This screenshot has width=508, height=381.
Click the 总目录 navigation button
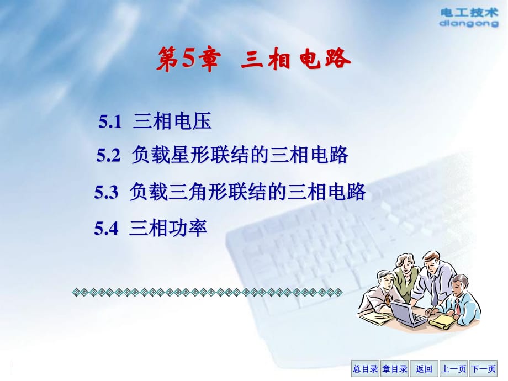[366, 369]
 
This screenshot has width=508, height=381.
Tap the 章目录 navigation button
[395, 369]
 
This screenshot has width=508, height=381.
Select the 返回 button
[424, 369]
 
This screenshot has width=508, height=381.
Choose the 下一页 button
[483, 369]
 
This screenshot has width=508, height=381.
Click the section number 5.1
[110, 122]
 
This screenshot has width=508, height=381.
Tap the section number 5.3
[106, 192]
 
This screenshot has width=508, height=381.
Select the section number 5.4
[106, 228]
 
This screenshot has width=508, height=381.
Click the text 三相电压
[172, 121]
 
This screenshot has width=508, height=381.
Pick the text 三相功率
[168, 227]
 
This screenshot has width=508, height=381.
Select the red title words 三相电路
[296, 59]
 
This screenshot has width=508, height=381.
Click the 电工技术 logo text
[469, 13]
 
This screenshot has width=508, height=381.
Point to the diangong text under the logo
[469, 23]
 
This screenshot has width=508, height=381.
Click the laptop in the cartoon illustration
[408, 314]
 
